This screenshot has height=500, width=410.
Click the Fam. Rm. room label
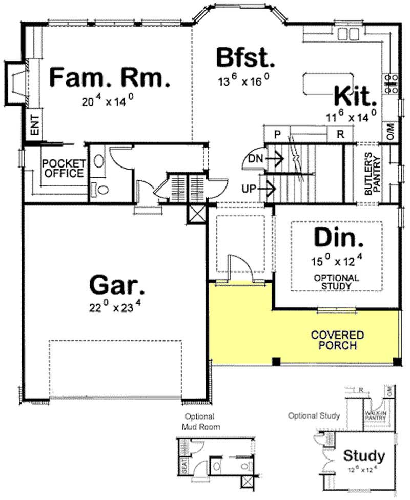(x=109, y=78)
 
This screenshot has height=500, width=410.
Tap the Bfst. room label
(x=245, y=57)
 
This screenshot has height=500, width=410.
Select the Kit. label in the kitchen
(x=355, y=96)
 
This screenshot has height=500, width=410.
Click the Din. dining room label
(x=338, y=238)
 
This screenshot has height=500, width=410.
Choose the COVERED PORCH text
(x=338, y=340)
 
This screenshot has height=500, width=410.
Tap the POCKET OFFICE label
(x=63, y=168)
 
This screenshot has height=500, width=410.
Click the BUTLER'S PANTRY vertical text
(x=372, y=174)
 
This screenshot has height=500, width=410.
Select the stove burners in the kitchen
(x=392, y=82)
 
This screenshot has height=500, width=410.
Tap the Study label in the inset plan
(x=364, y=455)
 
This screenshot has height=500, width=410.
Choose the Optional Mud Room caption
(x=199, y=421)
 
